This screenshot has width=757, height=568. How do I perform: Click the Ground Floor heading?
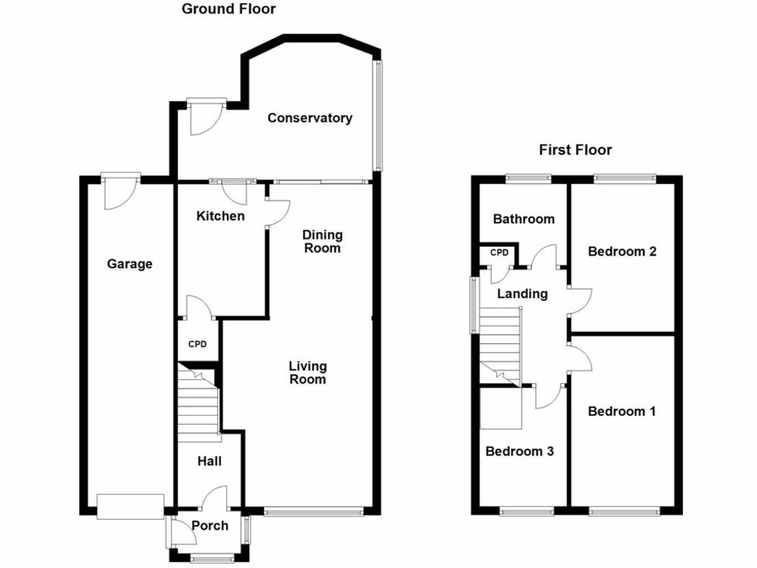(x=228, y=10)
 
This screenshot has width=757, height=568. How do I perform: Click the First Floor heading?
(x=575, y=150)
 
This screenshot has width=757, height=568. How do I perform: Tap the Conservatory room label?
(x=310, y=118)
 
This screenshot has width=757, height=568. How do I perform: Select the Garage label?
(x=129, y=264)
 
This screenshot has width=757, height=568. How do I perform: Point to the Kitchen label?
(x=220, y=216)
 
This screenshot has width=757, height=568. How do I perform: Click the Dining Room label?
(x=322, y=242)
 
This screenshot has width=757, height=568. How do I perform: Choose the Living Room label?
(x=308, y=373)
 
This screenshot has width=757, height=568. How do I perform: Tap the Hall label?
(x=209, y=461)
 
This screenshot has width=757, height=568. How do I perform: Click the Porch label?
(x=210, y=526)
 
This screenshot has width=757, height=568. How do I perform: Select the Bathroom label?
(x=523, y=219)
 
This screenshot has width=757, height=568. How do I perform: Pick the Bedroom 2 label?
(x=622, y=251)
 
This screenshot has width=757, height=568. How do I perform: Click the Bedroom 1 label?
(x=622, y=411)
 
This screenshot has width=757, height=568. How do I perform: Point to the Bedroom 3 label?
(x=520, y=451)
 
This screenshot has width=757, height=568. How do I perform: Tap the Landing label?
(x=522, y=294)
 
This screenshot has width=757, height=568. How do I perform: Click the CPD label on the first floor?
(x=500, y=253)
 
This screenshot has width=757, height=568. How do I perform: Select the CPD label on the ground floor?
(x=196, y=344)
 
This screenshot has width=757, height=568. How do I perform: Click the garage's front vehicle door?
(x=130, y=507)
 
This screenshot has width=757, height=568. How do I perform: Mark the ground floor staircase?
(x=198, y=403)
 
